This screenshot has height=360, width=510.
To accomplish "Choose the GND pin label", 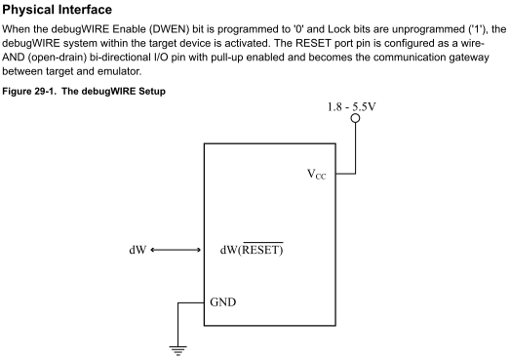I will point(223,302).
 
